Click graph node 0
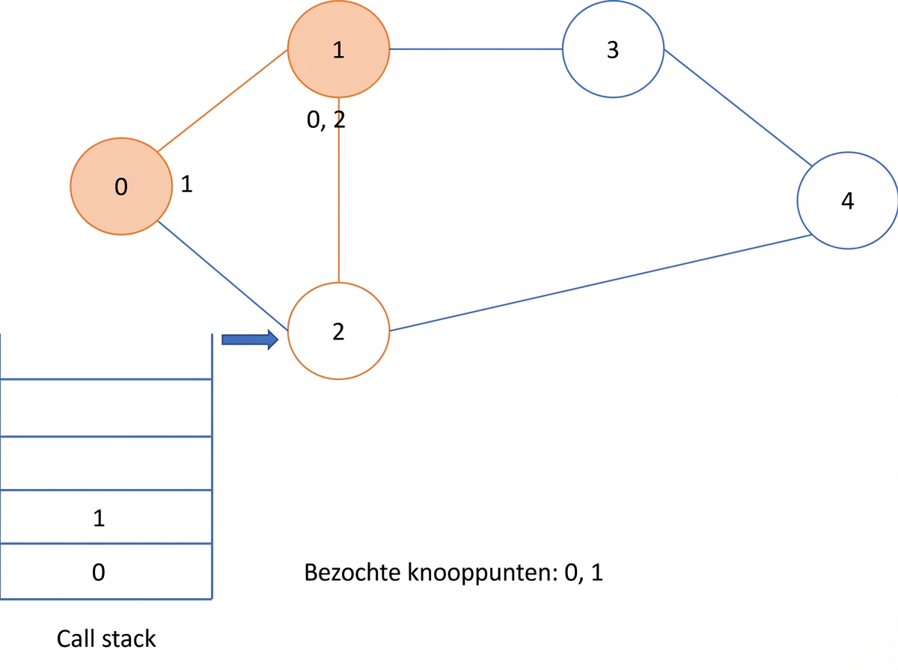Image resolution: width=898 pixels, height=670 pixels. (121, 186)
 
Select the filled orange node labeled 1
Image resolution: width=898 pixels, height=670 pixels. (338, 49)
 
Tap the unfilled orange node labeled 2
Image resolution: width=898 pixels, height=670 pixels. (338, 331)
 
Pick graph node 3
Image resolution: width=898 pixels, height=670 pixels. (613, 49)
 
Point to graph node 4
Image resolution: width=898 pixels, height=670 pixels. (848, 200)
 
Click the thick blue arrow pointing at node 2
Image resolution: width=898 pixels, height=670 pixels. (250, 339)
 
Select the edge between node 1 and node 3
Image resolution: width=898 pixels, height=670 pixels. (476, 49)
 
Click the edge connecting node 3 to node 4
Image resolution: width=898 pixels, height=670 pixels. (738, 108)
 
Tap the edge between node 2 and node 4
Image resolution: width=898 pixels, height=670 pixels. (601, 283)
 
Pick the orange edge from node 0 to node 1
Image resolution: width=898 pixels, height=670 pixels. (222, 100)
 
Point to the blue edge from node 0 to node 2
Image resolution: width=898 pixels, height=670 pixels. (222, 275)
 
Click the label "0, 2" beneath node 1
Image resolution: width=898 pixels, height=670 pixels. (326, 120)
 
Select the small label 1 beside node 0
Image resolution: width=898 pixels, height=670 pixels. (186, 184)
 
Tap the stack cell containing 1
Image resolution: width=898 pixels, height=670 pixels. (106, 517)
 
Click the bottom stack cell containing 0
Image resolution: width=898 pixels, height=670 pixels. (106, 571)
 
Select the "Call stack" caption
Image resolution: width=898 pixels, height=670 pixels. (106, 639)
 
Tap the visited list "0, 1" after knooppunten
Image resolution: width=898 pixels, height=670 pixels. (584, 572)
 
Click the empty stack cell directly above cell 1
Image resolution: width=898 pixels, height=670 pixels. (106, 463)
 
